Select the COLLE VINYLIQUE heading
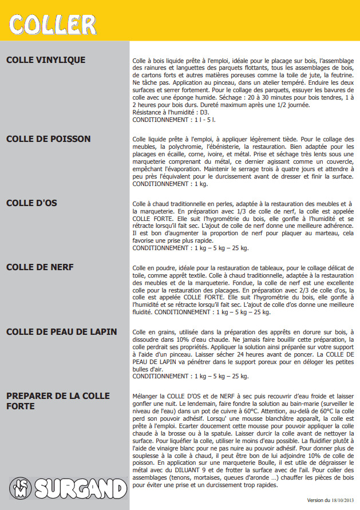46,60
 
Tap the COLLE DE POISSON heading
48,139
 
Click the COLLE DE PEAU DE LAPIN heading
62,332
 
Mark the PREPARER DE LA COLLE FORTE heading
58,401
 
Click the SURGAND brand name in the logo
80,489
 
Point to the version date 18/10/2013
342,500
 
